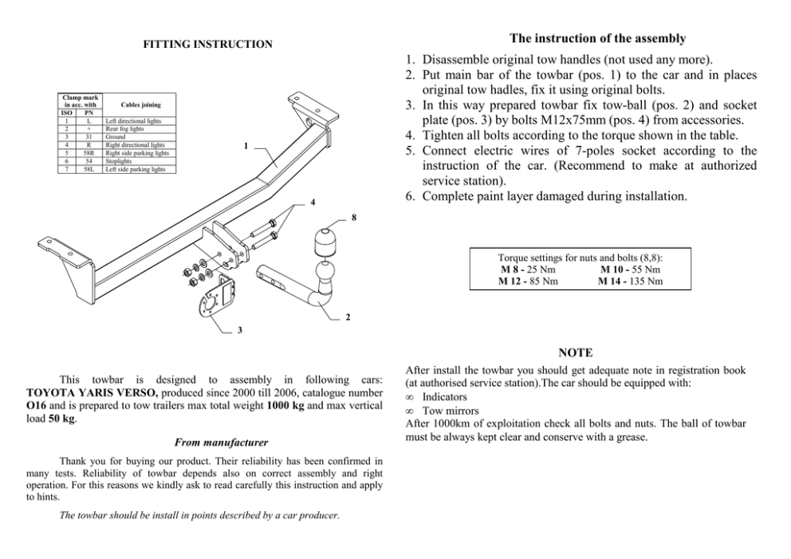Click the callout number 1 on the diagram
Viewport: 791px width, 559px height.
(246, 147)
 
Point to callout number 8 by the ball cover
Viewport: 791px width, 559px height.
(352, 217)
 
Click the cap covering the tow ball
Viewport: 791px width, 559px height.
(324, 240)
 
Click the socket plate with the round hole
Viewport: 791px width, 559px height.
(211, 300)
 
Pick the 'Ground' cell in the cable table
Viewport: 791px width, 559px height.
(116, 136)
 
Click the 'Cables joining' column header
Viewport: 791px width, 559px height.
(140, 104)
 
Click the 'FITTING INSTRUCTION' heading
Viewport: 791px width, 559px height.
(207, 45)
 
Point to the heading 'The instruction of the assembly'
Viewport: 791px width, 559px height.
(597, 38)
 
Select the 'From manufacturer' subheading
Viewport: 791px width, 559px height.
(220, 442)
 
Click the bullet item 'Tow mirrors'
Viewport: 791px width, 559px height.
(444, 410)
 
